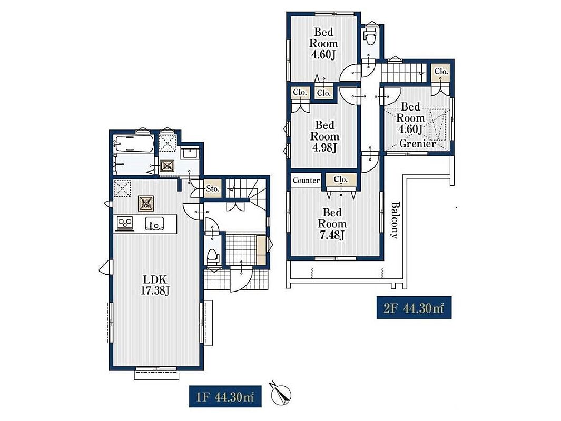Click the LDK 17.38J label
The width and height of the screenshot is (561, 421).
click(154, 285)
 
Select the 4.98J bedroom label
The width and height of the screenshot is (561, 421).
click(324, 136)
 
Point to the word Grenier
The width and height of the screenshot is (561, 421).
click(418, 144)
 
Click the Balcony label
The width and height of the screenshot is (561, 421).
click(394, 220)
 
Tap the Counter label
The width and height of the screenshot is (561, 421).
click(306, 181)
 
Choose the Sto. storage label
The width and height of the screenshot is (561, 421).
click(213, 188)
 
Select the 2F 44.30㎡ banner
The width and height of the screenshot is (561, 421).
click(414, 308)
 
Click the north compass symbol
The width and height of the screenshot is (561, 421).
click(281, 395)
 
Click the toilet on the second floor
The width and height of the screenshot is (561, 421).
click(369, 36)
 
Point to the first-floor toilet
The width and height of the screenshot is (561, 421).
click(213, 257)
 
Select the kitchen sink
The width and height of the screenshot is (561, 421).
click(154, 224)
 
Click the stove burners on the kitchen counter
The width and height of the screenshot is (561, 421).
click(125, 223)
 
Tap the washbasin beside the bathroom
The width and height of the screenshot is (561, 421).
click(190, 153)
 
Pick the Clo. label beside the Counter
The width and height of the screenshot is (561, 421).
click(341, 179)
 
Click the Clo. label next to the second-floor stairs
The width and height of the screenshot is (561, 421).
click(441, 72)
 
